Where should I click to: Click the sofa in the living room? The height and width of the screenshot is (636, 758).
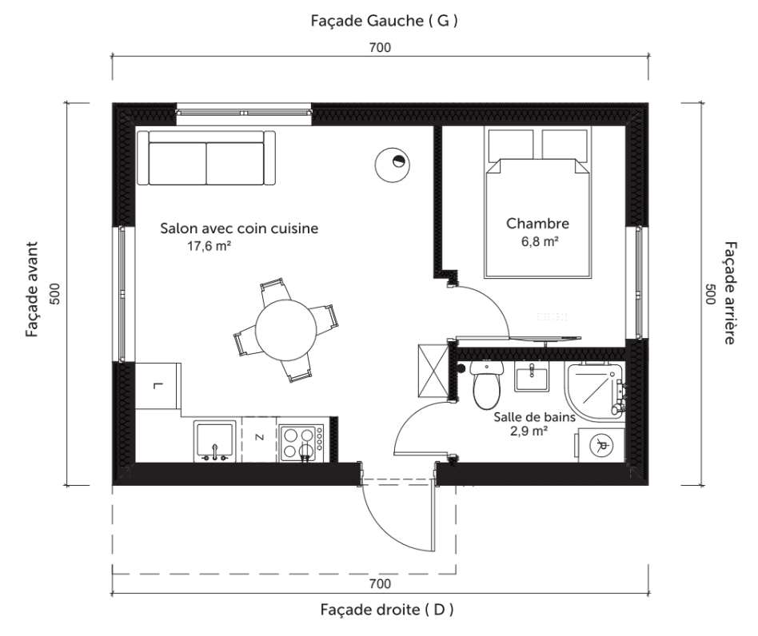[x=206, y=157]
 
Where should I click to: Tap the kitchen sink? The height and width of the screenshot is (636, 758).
[x=215, y=441]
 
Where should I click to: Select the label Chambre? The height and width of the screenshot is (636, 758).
[x=537, y=224]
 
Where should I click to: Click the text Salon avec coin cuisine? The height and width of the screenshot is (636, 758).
[x=239, y=228]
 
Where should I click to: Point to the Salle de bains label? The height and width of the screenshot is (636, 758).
[x=535, y=417]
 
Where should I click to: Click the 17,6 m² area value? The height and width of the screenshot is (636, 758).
[x=209, y=246]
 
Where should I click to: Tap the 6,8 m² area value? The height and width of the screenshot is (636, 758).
[x=540, y=241]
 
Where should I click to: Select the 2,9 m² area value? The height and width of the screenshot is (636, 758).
[x=529, y=431]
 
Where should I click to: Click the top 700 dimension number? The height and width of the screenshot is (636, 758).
[x=380, y=47]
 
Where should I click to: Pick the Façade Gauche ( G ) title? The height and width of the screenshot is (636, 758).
[x=385, y=21]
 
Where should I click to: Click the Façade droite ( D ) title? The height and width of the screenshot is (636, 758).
[x=387, y=610]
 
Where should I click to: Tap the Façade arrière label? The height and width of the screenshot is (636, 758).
[x=731, y=293]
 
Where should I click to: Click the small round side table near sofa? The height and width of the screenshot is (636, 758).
[x=392, y=165]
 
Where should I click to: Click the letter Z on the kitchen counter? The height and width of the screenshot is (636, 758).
[x=259, y=438]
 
